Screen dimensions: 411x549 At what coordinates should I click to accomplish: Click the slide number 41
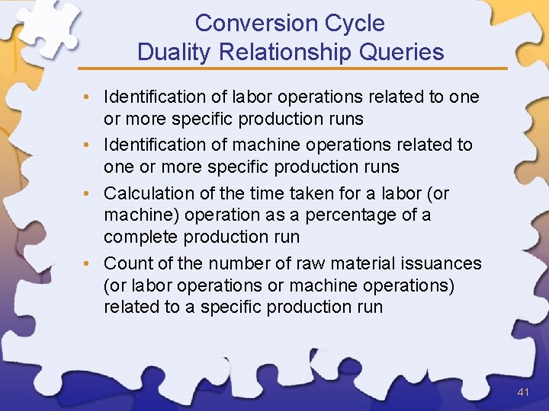tap(523, 392)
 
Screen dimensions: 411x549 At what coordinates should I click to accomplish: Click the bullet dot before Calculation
tap(89, 193)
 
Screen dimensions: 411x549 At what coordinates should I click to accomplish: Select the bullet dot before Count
tap(89, 263)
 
